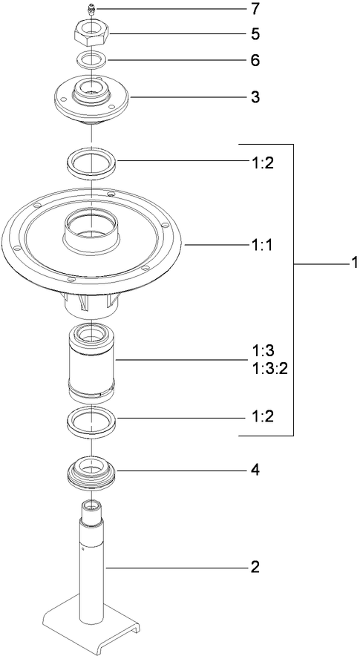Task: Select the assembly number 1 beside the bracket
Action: click(355, 263)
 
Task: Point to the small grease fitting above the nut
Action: click(90, 10)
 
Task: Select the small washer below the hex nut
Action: click(92, 59)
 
